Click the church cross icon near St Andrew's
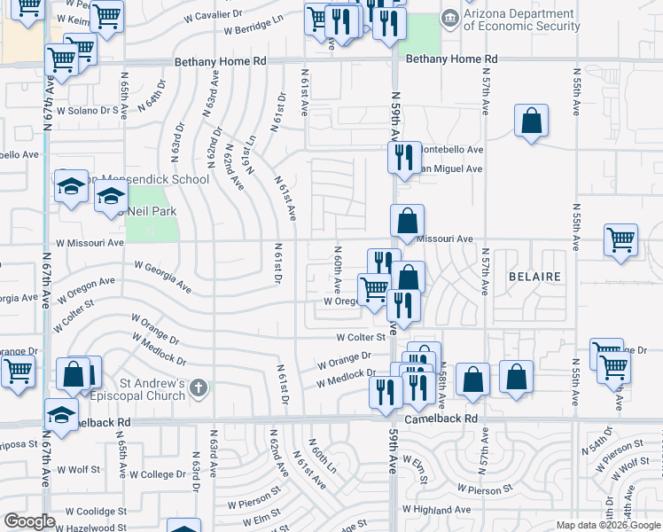pos(199,387)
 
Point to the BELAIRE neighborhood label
pos(534,277)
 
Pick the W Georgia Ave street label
pos(163,276)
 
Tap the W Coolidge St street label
pos(84,512)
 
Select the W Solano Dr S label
pos(87,111)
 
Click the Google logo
pos(29,522)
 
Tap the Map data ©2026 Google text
pos(607,525)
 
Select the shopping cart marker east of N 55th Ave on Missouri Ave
pos(621,239)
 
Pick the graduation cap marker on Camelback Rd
pos(61,415)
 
